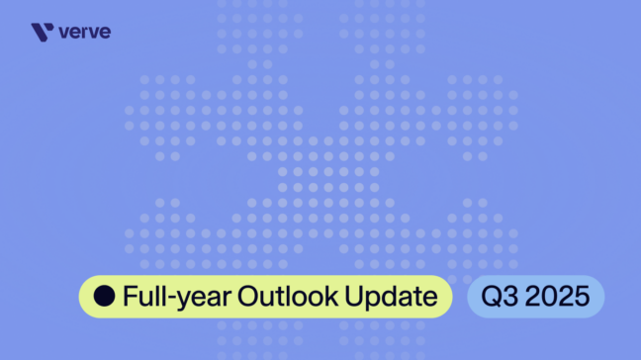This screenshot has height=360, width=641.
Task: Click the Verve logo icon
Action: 42,33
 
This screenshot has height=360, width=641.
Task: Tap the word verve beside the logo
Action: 85,33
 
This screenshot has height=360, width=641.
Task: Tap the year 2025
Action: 557,296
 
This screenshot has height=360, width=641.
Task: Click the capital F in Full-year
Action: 130,296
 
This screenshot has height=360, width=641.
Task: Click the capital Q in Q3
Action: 489,296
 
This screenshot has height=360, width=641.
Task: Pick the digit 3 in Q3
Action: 506,296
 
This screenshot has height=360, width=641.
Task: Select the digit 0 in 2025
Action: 549,296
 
